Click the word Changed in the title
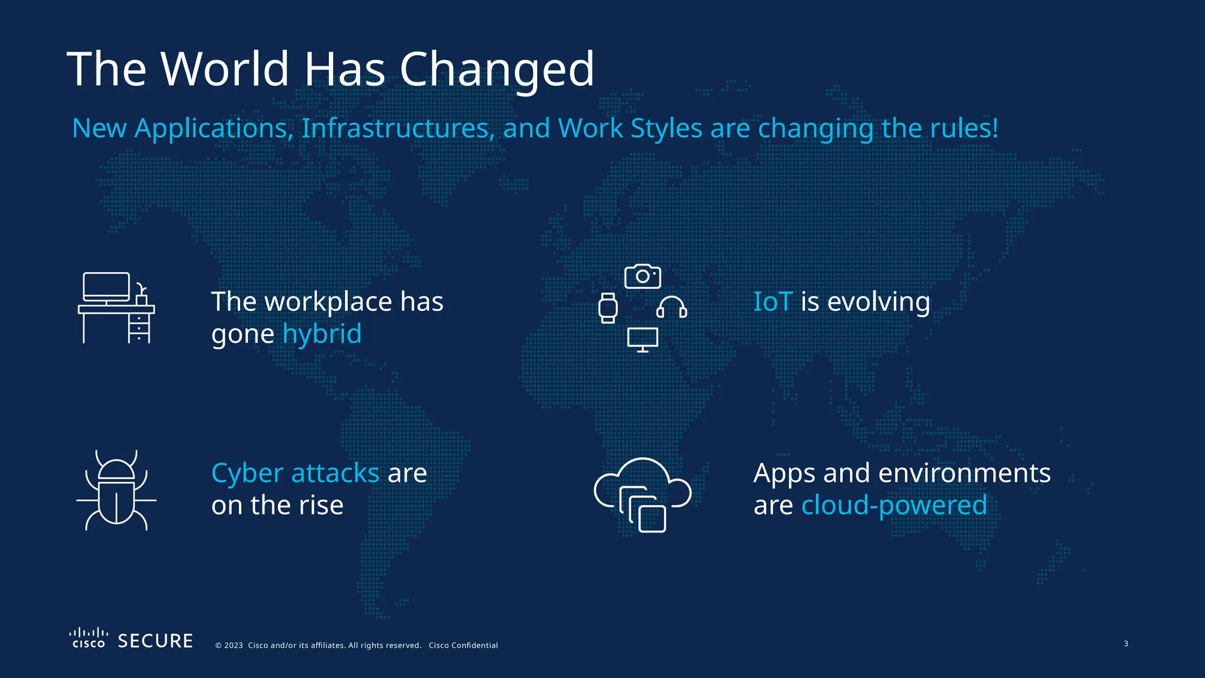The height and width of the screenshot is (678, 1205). click(497, 69)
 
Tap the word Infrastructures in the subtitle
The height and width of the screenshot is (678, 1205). click(398, 128)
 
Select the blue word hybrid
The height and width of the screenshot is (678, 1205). click(322, 334)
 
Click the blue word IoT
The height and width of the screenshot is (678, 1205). click(773, 301)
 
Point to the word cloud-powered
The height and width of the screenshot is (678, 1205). click(894, 505)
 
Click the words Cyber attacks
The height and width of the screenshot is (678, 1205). click(295, 473)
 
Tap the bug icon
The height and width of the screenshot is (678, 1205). click(116, 491)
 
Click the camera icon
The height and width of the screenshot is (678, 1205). click(643, 276)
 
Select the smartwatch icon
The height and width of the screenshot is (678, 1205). click(608, 308)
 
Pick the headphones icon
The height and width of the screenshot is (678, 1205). click(671, 307)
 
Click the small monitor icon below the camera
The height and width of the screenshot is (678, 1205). click(643, 340)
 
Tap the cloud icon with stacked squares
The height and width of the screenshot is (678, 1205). click(643, 494)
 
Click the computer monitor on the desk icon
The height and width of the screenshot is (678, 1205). click(106, 287)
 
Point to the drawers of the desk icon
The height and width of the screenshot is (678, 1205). click(139, 327)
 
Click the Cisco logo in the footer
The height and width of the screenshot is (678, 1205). click(89, 638)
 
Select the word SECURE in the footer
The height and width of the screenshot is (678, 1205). click(155, 641)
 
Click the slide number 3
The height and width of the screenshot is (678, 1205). click(1126, 643)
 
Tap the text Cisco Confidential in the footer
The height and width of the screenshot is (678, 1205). click(463, 645)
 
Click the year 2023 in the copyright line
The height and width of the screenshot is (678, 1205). click(233, 645)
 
